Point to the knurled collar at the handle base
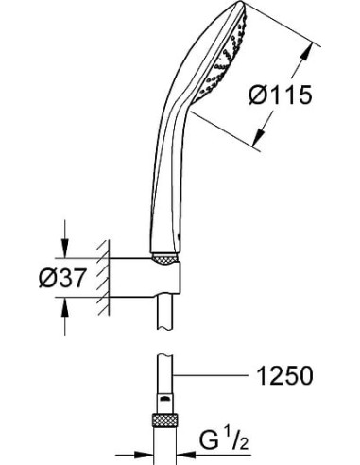[x=163, y=257]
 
